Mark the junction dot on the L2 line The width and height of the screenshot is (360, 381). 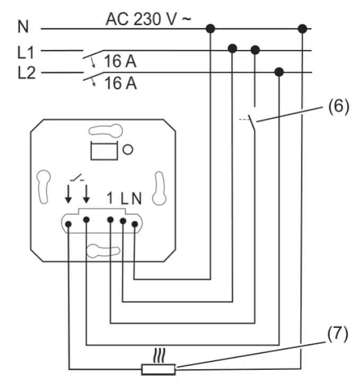click(279, 72)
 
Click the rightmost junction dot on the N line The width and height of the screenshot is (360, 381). click(303, 28)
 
